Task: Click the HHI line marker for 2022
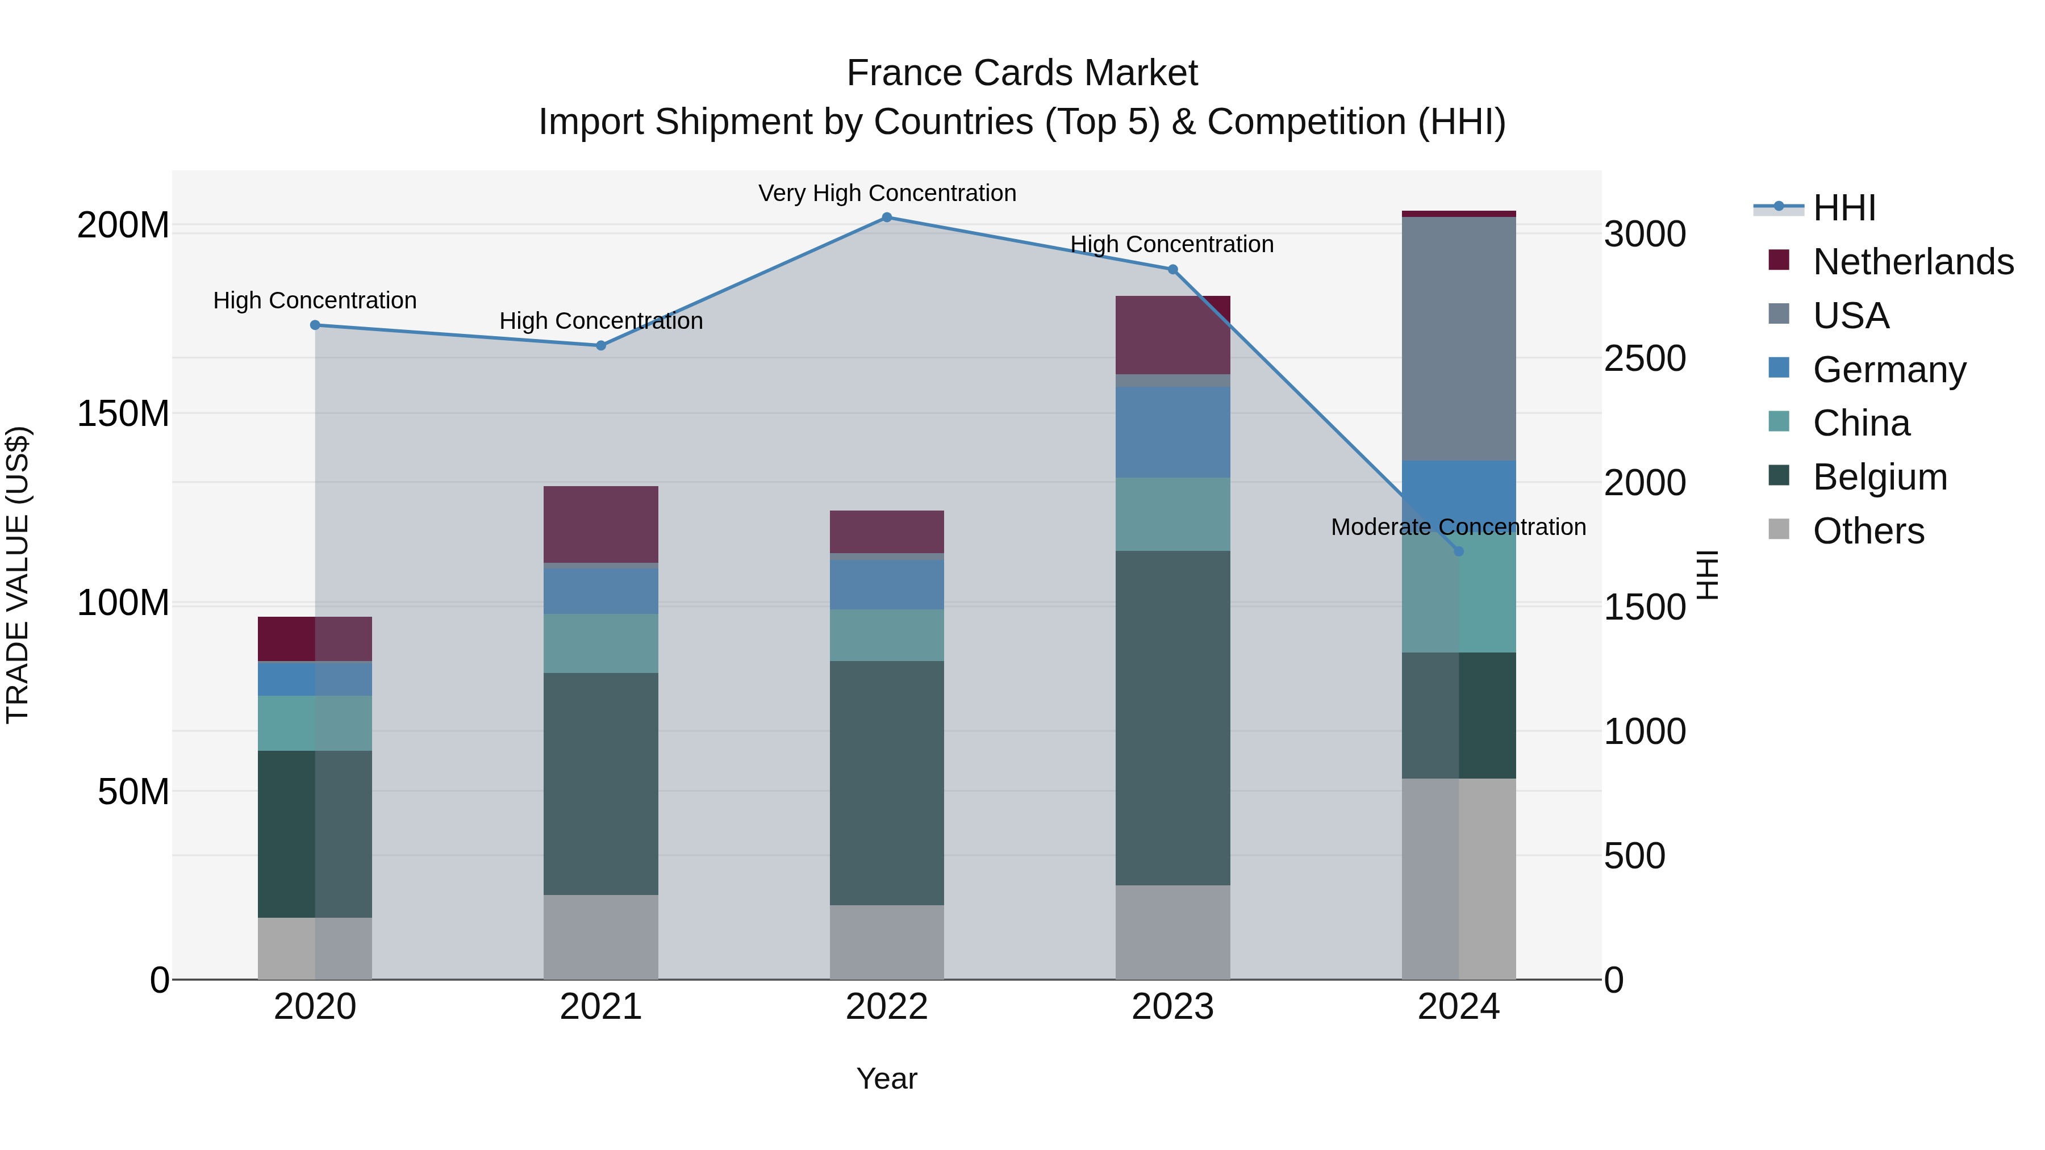click(887, 218)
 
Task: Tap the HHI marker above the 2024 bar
click(1458, 551)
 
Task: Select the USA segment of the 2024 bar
click(1458, 339)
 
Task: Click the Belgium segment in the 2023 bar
click(1172, 718)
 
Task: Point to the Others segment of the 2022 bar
click(887, 942)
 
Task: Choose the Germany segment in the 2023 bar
click(1172, 433)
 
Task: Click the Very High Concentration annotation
click(887, 194)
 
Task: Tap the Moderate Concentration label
click(1458, 527)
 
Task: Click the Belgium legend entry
click(1880, 477)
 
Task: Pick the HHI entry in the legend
click(1844, 208)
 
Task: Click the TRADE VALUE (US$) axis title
click(18, 575)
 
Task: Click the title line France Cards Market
click(1022, 73)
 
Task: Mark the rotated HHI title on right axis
click(1707, 575)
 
